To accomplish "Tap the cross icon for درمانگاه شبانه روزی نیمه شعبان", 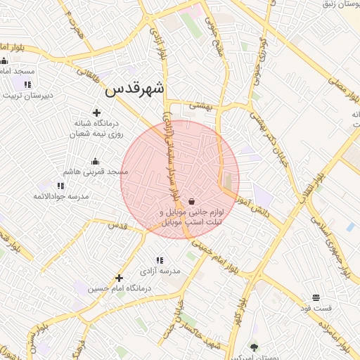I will [96, 112].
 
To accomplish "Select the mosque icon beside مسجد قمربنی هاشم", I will [96, 162].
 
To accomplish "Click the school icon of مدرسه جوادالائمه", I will [60, 186].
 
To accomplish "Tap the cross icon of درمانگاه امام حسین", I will [119, 278].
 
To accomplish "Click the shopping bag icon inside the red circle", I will [191, 201].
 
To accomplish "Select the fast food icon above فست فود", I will [316, 297].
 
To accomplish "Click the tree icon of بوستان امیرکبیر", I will [254, 347].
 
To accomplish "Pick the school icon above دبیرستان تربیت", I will [27, 84].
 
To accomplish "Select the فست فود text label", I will [316, 308].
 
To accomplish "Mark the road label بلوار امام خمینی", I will [224, 255].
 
